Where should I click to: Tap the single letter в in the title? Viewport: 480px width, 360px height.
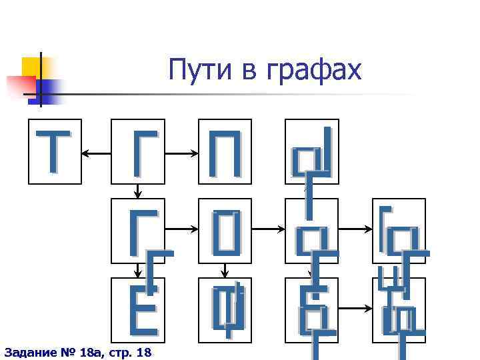(245, 72)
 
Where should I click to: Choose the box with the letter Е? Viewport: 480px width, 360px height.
(138, 310)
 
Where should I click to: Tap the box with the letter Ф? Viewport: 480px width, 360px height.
(225, 310)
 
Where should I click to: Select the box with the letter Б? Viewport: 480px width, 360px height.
(311, 310)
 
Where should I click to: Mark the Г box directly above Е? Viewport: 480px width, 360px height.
(138, 226)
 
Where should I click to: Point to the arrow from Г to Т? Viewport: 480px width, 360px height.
(97, 155)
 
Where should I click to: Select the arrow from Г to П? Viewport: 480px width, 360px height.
(181, 155)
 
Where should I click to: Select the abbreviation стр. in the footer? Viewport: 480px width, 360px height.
(117, 351)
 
